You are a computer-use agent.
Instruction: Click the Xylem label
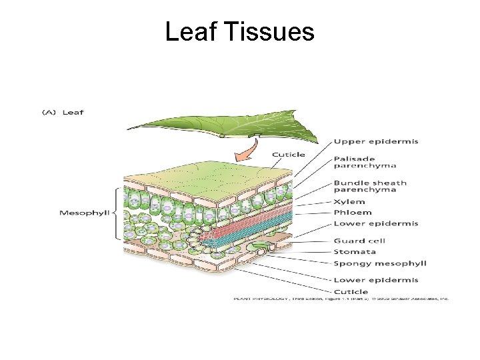click(x=349, y=201)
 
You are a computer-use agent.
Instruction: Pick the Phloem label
click(x=351, y=213)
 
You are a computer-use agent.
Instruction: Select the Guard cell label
click(x=359, y=241)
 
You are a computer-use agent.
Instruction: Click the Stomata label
click(x=355, y=251)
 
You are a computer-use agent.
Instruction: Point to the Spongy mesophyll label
click(x=379, y=263)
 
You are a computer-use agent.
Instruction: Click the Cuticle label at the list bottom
click(x=351, y=291)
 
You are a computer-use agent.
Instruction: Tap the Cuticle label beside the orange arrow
click(x=289, y=155)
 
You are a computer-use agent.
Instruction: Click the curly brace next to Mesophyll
click(x=118, y=213)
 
